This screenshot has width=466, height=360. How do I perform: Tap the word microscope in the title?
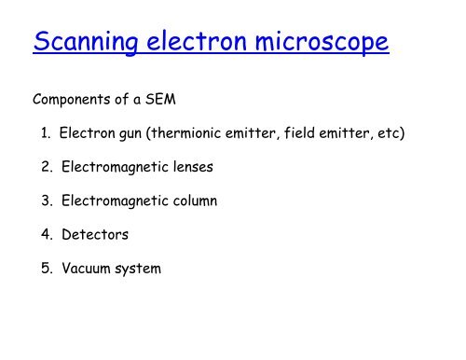tap(317, 46)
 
